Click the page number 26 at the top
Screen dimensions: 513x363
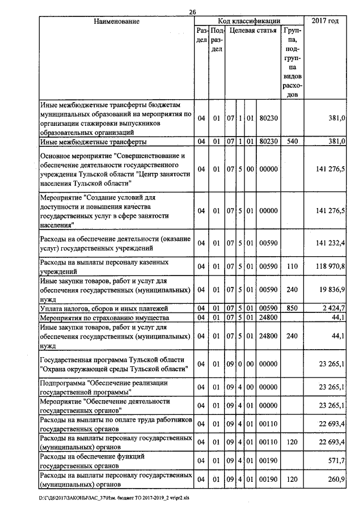[x=192, y=13]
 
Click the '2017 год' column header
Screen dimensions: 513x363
[x=326, y=22]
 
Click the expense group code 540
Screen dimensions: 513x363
[x=292, y=141]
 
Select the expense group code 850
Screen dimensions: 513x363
[x=292, y=308]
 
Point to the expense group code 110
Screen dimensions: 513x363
[x=292, y=265]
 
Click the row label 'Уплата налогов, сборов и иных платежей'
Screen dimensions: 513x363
[x=96, y=308]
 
